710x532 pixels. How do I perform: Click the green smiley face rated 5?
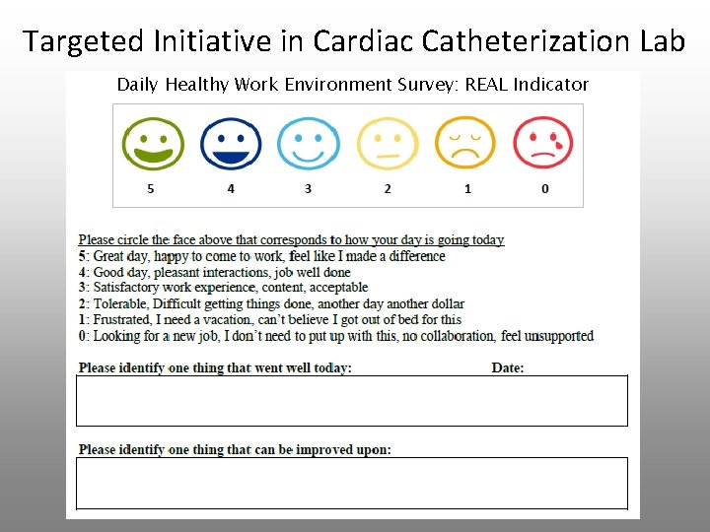click(x=153, y=144)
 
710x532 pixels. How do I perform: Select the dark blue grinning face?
click(x=231, y=144)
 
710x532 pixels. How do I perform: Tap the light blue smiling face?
click(x=309, y=144)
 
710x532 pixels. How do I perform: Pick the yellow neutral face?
click(x=387, y=144)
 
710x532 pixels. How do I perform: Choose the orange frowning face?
click(x=465, y=144)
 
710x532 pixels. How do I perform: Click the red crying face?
click(x=543, y=144)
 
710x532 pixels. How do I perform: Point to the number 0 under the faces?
click(x=545, y=188)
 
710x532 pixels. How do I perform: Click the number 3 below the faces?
click(x=308, y=188)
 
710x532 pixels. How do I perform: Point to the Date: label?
click(x=508, y=368)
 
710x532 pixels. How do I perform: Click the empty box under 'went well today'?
click(x=351, y=401)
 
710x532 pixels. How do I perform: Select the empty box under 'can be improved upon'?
click(x=351, y=483)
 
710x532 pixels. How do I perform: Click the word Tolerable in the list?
click(x=121, y=304)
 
